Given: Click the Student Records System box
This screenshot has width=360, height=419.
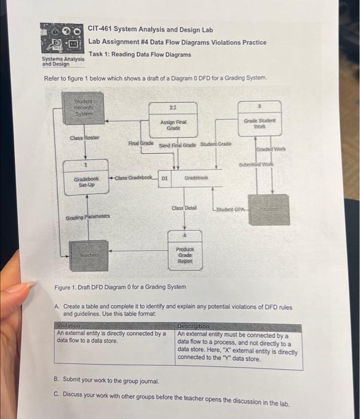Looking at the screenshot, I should [x=83, y=110].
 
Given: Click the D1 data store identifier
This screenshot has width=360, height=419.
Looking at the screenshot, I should [x=166, y=178].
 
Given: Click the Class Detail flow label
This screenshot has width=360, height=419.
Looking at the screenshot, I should [x=184, y=207].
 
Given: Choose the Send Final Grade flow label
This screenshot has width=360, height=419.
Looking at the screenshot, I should [x=178, y=145].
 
